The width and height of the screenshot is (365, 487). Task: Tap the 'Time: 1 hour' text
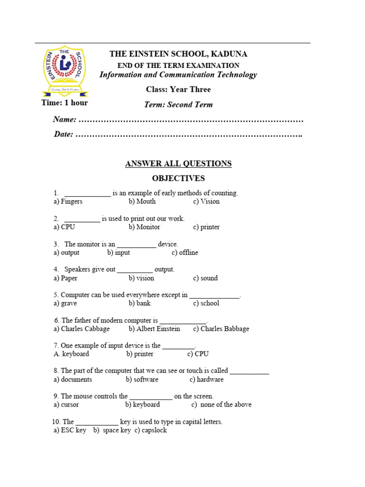65,103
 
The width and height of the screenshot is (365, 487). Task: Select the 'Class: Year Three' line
178,89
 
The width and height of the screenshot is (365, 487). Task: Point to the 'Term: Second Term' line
178,105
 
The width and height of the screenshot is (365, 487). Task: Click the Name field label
64,119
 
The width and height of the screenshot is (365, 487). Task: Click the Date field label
63,134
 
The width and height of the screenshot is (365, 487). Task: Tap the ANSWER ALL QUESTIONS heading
178,164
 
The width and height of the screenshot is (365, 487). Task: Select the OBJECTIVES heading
178,178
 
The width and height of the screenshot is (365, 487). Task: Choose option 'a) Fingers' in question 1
68,202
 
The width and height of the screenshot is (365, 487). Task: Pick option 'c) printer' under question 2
206,227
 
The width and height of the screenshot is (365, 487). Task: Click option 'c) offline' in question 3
185,253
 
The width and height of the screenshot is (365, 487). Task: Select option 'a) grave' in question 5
65,303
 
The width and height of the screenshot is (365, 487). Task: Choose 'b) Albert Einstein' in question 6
154,329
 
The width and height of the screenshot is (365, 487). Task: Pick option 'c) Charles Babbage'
221,329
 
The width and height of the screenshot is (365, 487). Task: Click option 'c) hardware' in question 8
206,380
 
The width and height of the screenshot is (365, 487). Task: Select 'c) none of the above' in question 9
221,405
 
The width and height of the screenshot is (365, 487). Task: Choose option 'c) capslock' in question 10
151,430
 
